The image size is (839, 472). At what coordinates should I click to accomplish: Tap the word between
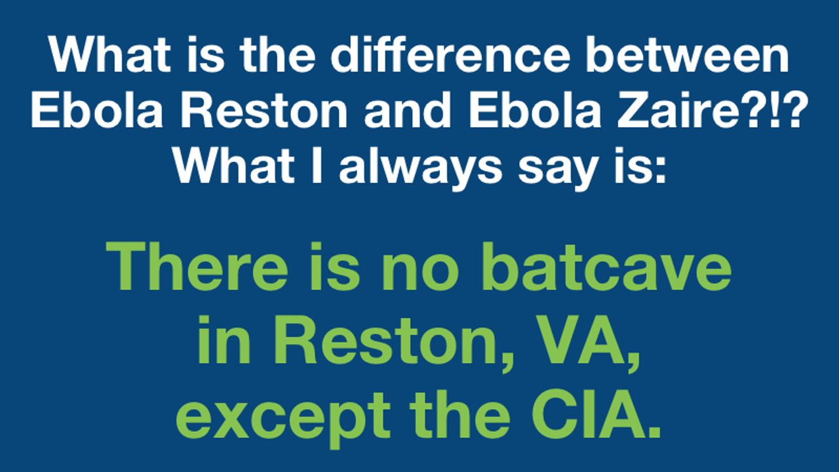[688, 54]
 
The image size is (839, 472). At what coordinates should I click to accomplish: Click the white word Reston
[264, 109]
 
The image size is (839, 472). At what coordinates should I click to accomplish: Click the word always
[420, 168]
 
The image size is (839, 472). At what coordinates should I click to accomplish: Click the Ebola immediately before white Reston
[97, 109]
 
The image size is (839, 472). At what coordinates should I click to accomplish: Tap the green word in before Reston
[224, 342]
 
